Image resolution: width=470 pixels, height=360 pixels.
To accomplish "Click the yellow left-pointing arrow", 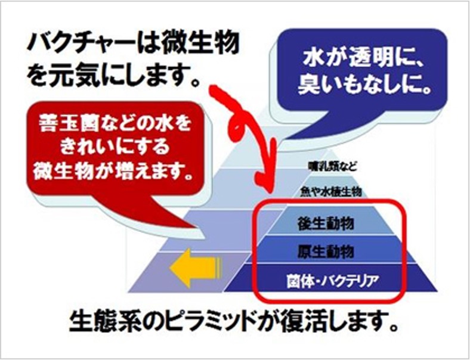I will pyautogui.click(x=194, y=266).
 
